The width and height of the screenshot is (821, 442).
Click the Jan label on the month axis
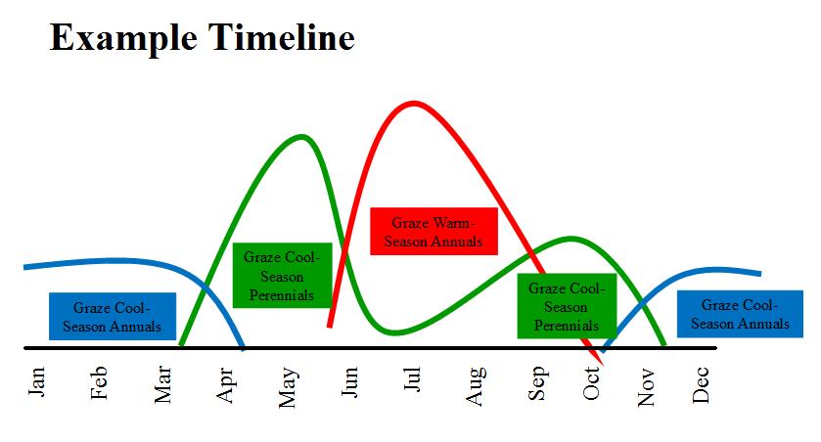(x=36, y=381)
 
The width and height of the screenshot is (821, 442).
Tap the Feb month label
(x=99, y=383)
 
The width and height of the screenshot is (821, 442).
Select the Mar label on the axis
(x=162, y=384)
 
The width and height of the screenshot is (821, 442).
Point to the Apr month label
(x=225, y=385)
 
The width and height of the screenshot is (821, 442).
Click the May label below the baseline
(x=289, y=387)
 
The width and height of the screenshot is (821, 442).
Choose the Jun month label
(x=349, y=381)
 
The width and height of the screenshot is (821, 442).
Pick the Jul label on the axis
(x=412, y=378)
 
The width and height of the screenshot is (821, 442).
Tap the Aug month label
(x=476, y=386)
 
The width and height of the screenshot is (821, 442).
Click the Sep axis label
(x=538, y=383)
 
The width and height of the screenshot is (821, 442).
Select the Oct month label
(x=591, y=383)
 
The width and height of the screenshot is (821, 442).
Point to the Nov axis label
(x=646, y=386)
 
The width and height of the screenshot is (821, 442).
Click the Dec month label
(x=701, y=384)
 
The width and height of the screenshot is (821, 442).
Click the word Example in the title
(x=123, y=38)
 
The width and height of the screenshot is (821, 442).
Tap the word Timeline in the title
(x=282, y=37)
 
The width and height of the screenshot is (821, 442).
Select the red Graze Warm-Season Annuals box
(x=433, y=231)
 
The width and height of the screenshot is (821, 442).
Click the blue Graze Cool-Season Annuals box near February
(x=113, y=317)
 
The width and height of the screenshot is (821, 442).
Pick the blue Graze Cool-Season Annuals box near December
(x=740, y=314)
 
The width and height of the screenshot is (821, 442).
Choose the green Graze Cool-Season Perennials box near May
(x=282, y=275)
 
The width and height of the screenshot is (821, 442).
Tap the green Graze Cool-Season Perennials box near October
(x=567, y=306)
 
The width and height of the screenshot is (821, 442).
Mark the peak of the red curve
(x=414, y=103)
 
